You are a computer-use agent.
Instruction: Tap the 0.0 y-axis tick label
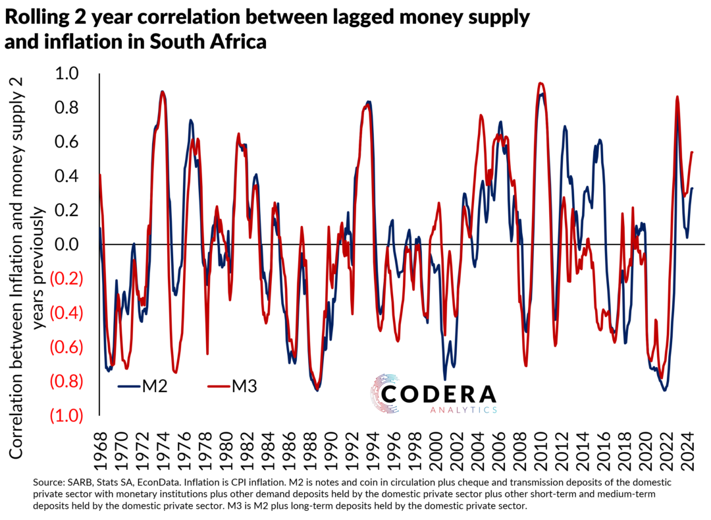click(78, 245)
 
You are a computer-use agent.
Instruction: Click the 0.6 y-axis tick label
click(78, 142)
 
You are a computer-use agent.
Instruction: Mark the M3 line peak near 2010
click(540, 84)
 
